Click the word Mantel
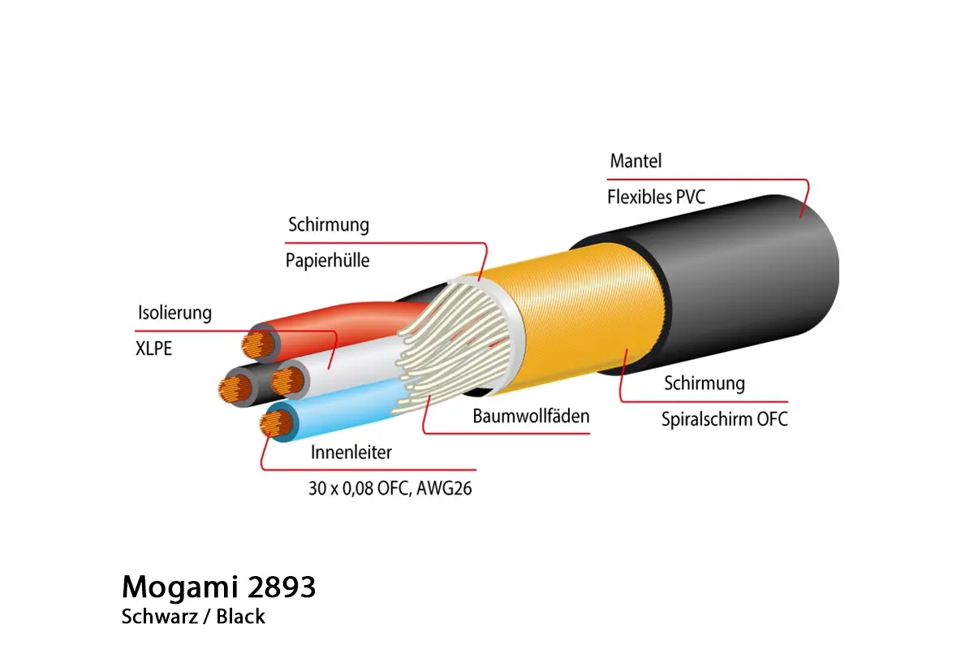click(636, 161)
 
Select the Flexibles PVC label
click(651, 197)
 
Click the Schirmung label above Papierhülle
click(328, 224)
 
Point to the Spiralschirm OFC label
click(724, 420)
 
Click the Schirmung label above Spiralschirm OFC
click(704, 383)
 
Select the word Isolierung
click(174, 313)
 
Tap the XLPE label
click(154, 350)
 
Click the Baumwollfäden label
click(531, 417)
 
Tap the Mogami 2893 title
click(218, 587)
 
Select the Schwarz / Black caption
click(193, 617)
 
